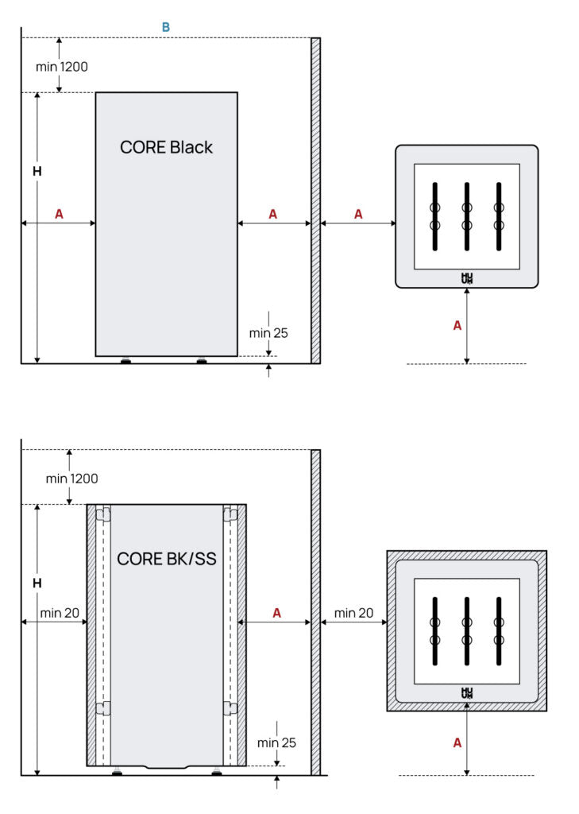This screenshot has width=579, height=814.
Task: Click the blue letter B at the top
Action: click(x=166, y=28)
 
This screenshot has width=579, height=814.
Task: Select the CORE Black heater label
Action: click(x=166, y=147)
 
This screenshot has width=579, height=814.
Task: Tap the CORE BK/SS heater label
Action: click(x=167, y=559)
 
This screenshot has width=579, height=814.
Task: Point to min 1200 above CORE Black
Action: click(x=62, y=67)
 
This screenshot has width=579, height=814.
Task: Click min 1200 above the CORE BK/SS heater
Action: click(x=71, y=479)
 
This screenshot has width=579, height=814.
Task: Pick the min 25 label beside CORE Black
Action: click(x=268, y=333)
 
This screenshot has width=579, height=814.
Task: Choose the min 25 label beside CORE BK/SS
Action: click(x=276, y=742)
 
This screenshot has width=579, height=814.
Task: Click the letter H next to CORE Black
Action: click(x=37, y=171)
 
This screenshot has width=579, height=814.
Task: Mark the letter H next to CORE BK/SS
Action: click(x=37, y=583)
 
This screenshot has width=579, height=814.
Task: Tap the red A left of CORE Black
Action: click(x=59, y=214)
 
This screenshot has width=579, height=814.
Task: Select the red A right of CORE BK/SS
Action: click(x=276, y=613)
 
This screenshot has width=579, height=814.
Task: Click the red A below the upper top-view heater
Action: click(x=457, y=325)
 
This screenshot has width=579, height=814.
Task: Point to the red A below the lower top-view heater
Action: click(x=457, y=742)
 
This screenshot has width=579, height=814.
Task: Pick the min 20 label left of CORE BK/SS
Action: click(x=60, y=613)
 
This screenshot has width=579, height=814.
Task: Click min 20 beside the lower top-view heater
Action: click(x=353, y=613)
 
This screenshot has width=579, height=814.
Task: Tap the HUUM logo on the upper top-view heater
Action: click(x=467, y=278)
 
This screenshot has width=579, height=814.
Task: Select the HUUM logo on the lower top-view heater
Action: click(x=467, y=693)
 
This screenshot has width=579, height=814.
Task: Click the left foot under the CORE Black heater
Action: click(x=125, y=362)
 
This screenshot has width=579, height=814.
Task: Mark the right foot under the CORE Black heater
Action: click(x=201, y=362)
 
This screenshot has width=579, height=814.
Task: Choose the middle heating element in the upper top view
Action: click(x=467, y=216)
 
